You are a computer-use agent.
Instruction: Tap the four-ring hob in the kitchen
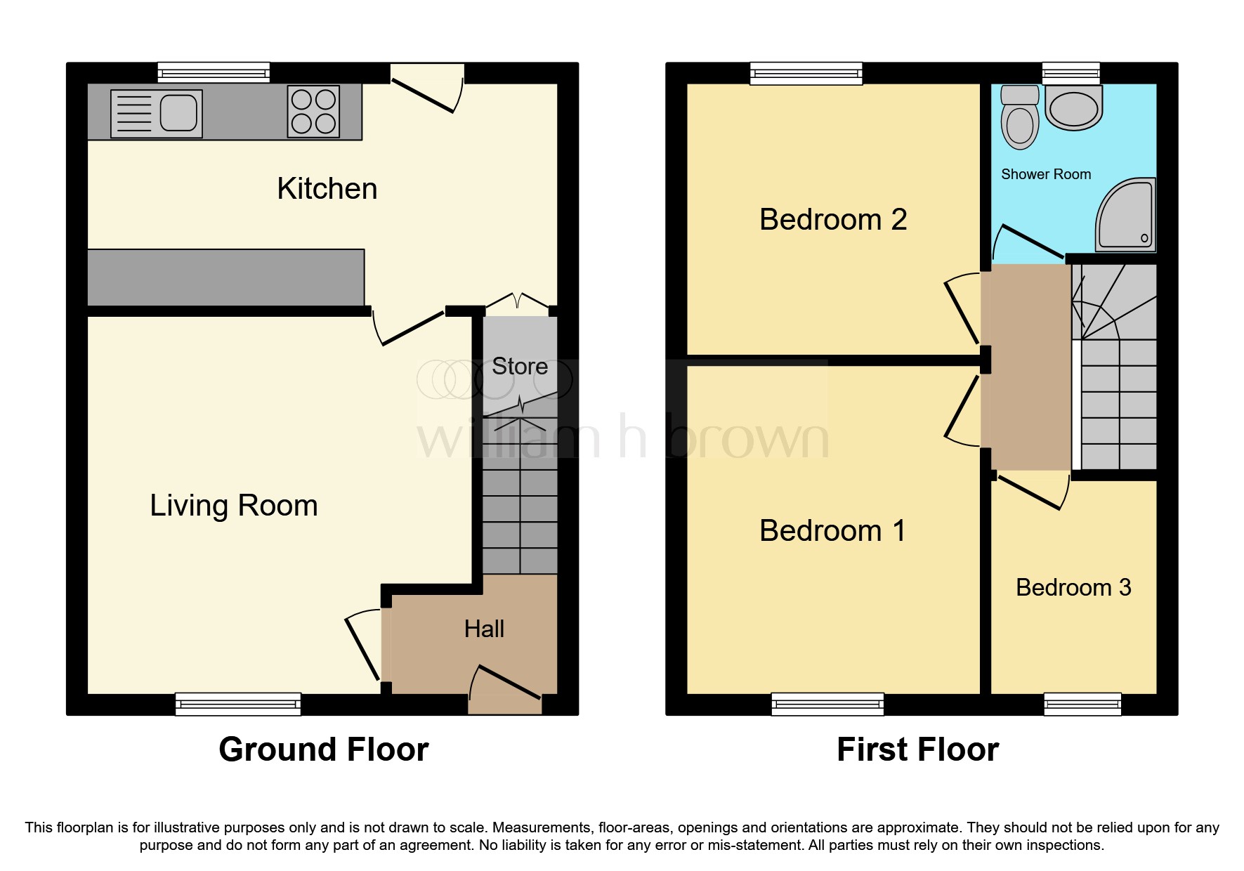tap(313, 112)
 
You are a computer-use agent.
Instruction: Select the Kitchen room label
tap(327, 189)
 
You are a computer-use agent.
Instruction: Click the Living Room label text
tap(234, 506)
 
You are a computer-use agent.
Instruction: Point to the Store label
tap(520, 367)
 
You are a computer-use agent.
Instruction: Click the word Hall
tap(484, 629)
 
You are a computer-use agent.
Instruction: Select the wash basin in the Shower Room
tap(1073, 110)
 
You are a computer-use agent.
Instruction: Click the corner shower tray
tap(1126, 214)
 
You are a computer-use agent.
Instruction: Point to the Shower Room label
tap(1046, 174)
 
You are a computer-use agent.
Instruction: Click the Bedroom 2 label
tap(833, 220)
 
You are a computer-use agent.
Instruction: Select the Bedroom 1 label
tap(833, 531)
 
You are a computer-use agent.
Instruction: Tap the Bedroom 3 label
tap(1073, 587)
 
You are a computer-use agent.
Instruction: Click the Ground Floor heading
tap(323, 749)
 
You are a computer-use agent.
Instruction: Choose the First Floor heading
tap(917, 749)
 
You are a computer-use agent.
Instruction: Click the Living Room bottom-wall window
tap(238, 704)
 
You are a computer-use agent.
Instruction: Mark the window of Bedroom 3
tap(1082, 704)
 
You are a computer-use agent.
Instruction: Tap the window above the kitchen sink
tap(214, 72)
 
